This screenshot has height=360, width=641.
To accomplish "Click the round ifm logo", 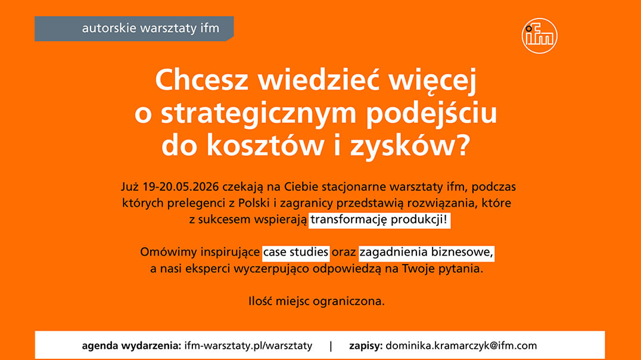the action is tap(539, 36).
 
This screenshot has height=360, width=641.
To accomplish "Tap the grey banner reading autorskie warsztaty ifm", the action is tap(134, 29).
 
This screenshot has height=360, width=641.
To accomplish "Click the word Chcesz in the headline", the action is tap(201, 80).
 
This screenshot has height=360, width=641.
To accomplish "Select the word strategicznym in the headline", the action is tap(259, 114).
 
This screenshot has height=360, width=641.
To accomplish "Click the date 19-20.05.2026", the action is tap(181, 187).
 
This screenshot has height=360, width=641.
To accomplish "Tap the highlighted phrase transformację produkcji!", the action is tap(379, 220).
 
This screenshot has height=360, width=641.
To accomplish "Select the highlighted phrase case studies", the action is tap(295, 252).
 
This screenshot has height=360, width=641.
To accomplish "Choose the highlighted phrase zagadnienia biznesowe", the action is tap(427, 252).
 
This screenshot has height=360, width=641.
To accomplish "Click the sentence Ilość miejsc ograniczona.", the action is tap(316, 302).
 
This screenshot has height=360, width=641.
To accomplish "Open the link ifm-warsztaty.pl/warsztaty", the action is tap(248, 346).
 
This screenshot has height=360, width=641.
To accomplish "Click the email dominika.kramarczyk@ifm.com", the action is tap(461, 346).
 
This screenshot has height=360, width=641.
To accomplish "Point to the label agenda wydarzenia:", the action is tap(131, 346).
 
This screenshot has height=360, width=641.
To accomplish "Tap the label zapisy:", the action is tap(366, 346).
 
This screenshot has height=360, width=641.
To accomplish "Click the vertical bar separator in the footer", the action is tap(331, 346).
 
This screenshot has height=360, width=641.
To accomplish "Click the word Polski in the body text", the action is tap(254, 203).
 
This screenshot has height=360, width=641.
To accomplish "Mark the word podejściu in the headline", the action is tap(431, 114).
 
